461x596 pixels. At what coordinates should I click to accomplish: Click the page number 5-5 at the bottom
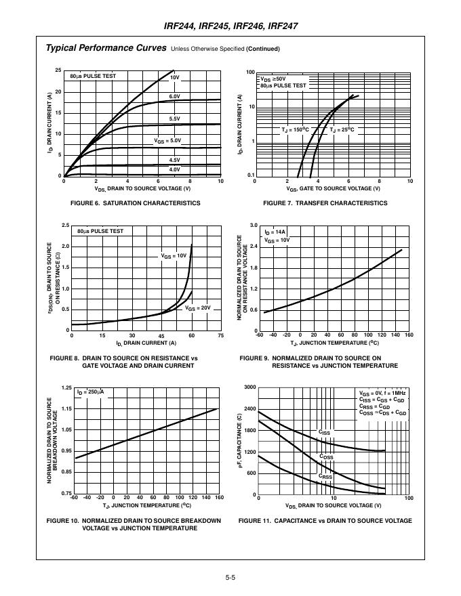pyautogui.click(x=230, y=578)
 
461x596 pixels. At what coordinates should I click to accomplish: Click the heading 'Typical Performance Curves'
pyautogui.click(x=106, y=48)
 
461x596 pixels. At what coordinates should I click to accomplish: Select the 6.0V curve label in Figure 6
pyautogui.click(x=174, y=96)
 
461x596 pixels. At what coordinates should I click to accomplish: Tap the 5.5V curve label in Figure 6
pyautogui.click(x=174, y=119)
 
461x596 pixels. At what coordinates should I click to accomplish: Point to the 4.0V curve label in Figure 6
pyautogui.click(x=174, y=169)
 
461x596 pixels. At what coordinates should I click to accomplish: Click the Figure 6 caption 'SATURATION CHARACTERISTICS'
pyautogui.click(x=135, y=203)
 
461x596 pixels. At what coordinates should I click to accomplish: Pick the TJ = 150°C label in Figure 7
pyautogui.click(x=295, y=129)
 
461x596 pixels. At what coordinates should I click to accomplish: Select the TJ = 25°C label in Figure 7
pyautogui.click(x=342, y=129)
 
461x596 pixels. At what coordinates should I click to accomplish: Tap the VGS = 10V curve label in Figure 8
pyautogui.click(x=174, y=256)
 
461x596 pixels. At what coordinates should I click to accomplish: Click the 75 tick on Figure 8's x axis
pyautogui.click(x=220, y=336)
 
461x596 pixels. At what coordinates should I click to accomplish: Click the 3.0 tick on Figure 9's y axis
pyautogui.click(x=253, y=225)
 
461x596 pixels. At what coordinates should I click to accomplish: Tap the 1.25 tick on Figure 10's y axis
pyautogui.click(x=66, y=387)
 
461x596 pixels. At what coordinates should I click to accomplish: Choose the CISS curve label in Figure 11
pyautogui.click(x=325, y=431)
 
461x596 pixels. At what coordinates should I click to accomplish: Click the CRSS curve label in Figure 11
pyautogui.click(x=325, y=477)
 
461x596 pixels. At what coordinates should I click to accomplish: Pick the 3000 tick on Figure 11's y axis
pyautogui.click(x=250, y=387)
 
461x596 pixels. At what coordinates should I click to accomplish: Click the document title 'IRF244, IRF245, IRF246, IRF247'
pyautogui.click(x=231, y=26)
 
